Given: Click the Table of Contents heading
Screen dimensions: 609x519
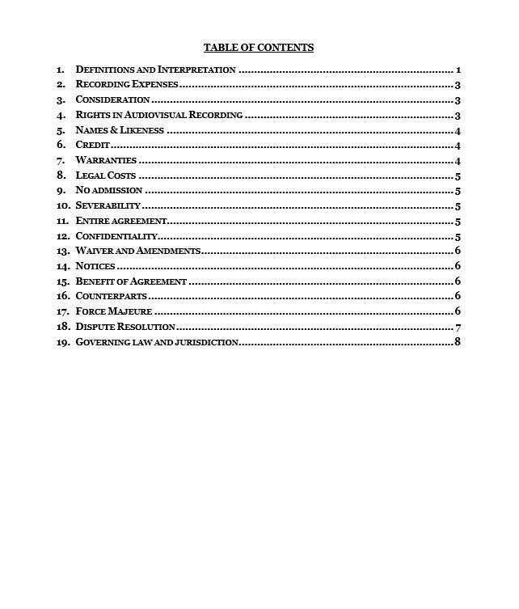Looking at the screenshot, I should point(259,48).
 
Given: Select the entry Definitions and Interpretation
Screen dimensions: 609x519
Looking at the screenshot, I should point(155,70).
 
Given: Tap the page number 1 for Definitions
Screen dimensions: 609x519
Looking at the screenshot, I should point(458,70).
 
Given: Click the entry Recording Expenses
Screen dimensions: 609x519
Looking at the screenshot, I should point(126,85).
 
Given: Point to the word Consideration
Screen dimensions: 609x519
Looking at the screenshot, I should point(112,100).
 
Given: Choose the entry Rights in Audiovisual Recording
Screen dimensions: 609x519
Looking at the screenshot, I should point(158,115).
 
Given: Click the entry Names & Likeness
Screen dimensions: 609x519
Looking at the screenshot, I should point(120,130).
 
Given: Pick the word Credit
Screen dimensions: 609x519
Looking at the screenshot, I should point(92,146).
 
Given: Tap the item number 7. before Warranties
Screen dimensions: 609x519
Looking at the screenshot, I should point(61,161).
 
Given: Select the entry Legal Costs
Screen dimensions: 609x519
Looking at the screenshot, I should point(105,176).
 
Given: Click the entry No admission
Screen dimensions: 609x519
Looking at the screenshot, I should point(108,191).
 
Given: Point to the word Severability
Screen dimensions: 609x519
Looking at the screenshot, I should point(108,206).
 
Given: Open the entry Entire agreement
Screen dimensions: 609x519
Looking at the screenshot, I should point(120,221).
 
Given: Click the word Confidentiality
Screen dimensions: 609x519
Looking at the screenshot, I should point(116,236).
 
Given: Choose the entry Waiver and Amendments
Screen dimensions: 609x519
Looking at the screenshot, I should point(137,252).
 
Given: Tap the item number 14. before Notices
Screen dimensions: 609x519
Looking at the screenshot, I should point(62,266).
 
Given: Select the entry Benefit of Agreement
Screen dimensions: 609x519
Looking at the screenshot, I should point(131,281).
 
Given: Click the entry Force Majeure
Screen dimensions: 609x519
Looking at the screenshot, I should point(113,311).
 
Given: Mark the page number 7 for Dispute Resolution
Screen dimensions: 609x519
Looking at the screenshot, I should point(458,327).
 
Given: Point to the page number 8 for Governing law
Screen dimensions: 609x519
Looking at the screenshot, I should point(458,342).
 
